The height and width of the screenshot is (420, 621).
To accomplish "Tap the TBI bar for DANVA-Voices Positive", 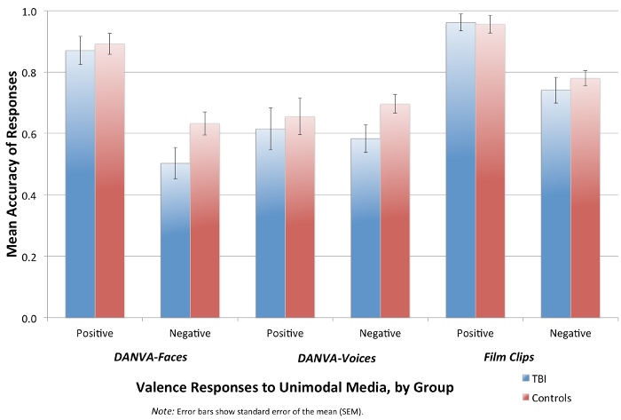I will click(x=271, y=223).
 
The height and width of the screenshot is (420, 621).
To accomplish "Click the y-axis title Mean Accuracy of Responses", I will click(x=13, y=165).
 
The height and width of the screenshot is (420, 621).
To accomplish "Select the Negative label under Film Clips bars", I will click(x=570, y=333).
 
